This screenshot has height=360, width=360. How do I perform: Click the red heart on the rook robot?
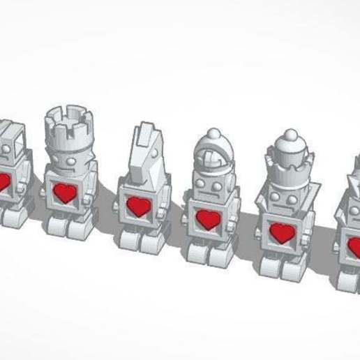[66, 192]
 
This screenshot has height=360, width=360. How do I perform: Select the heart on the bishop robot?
[207, 219]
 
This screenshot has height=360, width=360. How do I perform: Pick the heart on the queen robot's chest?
[281, 234]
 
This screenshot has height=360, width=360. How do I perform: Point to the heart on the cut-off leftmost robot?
[3, 182]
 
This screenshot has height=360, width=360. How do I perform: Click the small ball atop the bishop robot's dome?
[213, 133]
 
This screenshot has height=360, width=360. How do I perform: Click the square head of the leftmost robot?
[11, 143]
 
